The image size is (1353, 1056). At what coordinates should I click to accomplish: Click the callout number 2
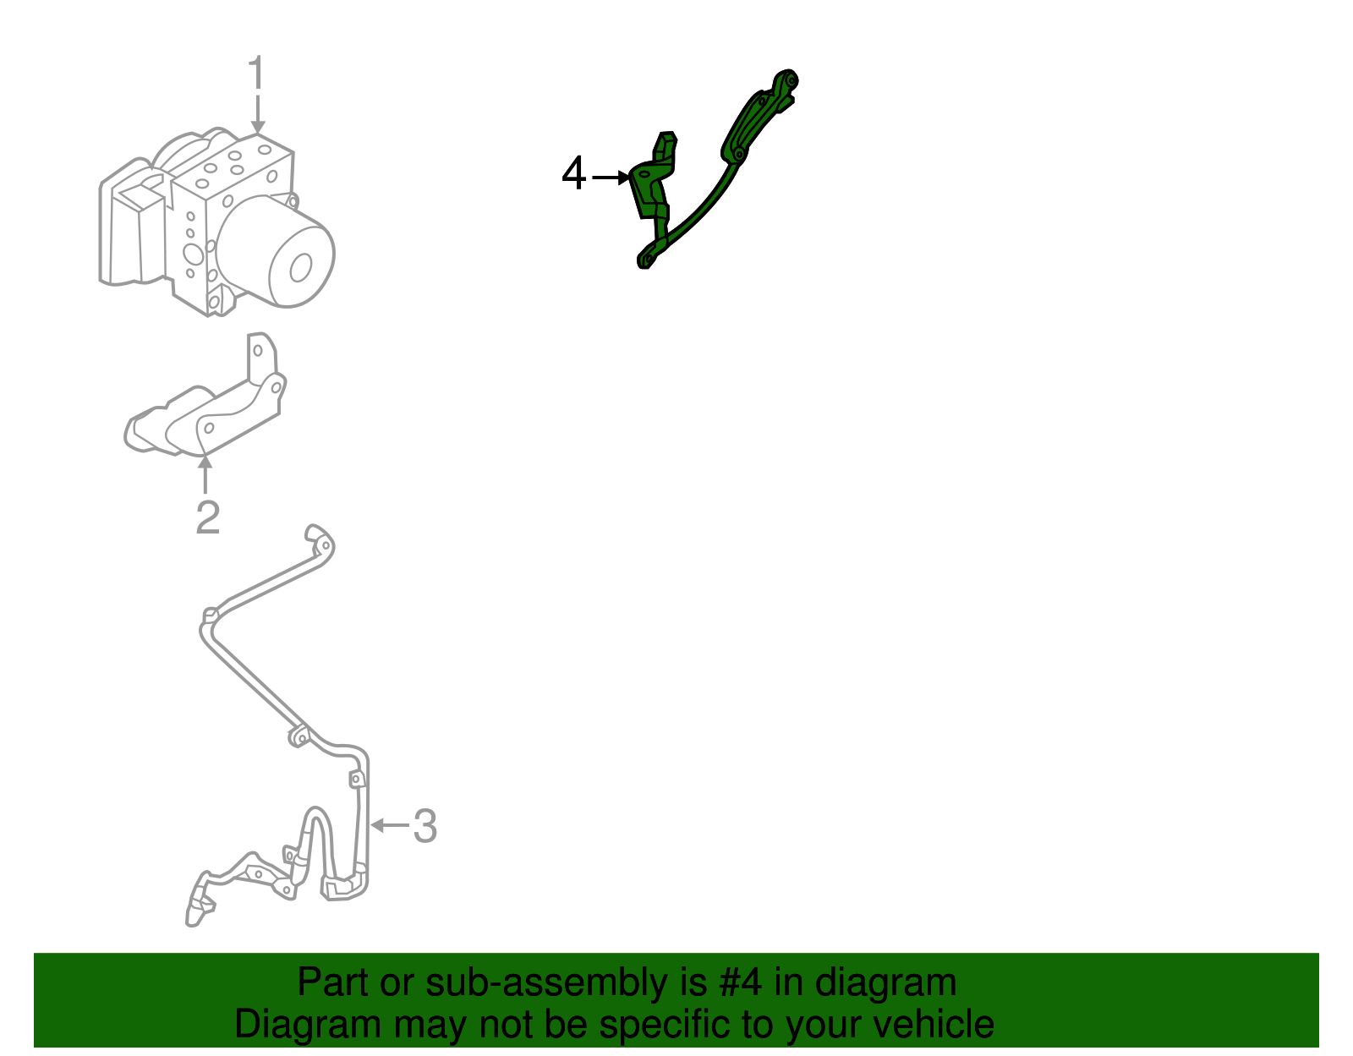[207, 517]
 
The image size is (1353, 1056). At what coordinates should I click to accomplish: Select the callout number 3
[425, 826]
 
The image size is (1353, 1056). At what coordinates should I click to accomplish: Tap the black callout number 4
[573, 175]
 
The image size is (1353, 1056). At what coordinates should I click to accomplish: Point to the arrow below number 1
[257, 115]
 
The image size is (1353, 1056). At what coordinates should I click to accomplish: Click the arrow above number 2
[205, 473]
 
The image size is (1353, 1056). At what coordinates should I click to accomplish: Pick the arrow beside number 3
[388, 824]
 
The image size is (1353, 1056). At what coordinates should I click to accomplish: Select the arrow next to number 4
[611, 177]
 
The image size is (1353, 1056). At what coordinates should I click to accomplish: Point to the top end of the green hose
[784, 83]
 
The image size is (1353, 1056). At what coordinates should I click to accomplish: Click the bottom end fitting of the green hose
[647, 258]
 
